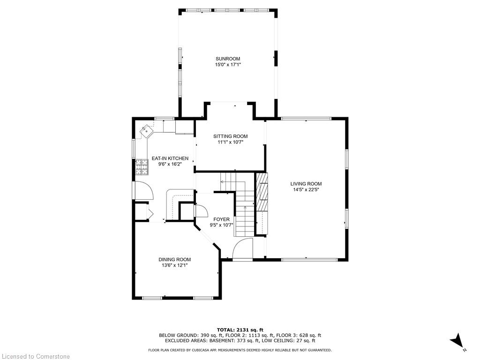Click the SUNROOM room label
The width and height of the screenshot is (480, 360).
tap(228, 59)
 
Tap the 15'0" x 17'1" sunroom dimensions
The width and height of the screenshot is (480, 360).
tap(228, 65)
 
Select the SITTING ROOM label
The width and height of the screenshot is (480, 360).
tap(231, 136)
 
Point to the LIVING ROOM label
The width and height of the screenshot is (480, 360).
tap(306, 184)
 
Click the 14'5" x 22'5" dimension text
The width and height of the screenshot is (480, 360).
tap(306, 189)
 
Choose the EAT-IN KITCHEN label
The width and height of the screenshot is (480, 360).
tap(170, 158)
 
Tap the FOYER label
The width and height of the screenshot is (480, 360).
tap(221, 219)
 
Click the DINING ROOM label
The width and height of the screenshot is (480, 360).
tap(174, 260)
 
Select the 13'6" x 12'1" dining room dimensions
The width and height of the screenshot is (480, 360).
tap(174, 265)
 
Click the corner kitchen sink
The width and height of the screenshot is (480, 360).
tap(147, 131)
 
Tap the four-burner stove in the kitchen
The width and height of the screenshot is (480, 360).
tap(142, 167)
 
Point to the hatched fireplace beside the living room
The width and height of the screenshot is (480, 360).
tap(262, 192)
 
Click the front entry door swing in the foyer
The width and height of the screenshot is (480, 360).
tap(242, 249)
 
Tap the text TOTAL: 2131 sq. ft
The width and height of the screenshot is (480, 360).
tap(240, 330)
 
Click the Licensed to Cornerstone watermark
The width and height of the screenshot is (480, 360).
tap(36, 356)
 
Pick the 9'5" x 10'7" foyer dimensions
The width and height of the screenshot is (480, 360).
tap(221, 225)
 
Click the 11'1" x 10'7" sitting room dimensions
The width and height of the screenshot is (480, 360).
tap(231, 142)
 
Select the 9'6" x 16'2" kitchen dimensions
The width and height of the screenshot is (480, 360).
tap(170, 164)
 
